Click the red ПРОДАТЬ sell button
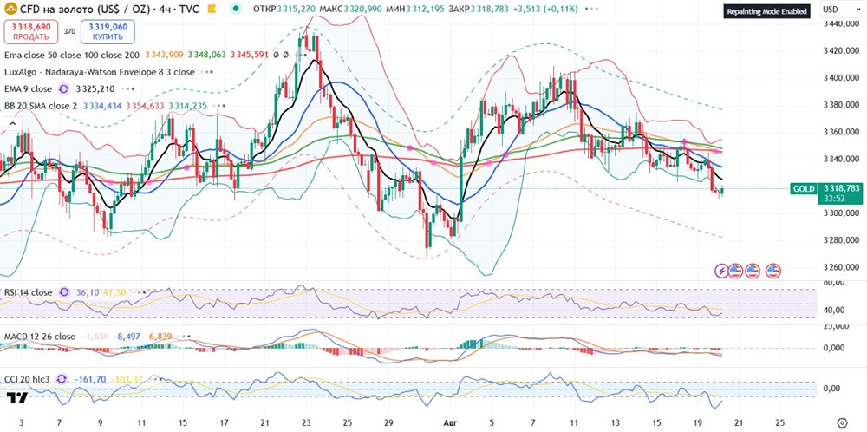click(29, 32)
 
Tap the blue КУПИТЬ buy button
click(108, 32)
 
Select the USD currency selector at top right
click(831, 9)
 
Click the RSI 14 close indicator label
click(28, 292)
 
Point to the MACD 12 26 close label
click(39, 336)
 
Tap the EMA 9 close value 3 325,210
click(95, 88)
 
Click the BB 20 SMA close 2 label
click(41, 106)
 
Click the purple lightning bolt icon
click(721, 271)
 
